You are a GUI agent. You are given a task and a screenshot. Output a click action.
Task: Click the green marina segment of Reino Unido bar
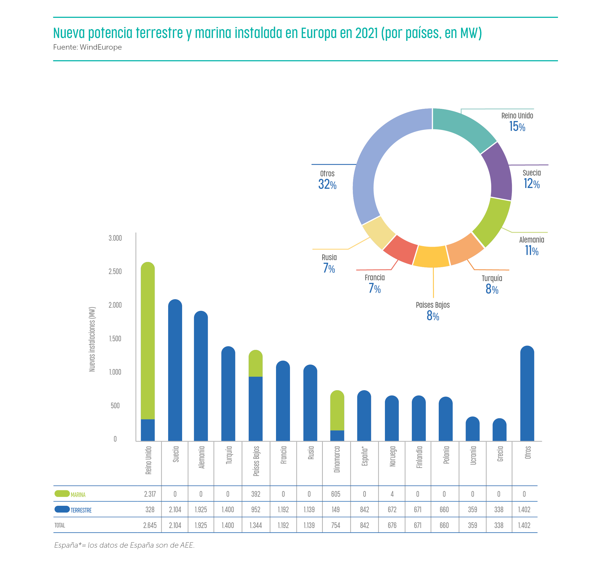tap(148, 339)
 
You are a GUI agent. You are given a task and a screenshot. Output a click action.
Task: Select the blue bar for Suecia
tap(175, 370)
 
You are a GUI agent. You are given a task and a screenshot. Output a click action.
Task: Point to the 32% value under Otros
tap(327, 184)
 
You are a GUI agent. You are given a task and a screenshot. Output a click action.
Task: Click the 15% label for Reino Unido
tap(517, 126)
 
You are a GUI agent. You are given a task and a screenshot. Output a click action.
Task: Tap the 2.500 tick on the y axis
tap(115, 272)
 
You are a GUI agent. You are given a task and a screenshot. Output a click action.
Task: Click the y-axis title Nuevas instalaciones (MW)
tap(92, 339)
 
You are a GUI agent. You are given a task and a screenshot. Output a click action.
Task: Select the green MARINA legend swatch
tap(62, 493)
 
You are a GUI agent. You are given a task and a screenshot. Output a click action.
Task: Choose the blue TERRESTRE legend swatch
tap(62, 509)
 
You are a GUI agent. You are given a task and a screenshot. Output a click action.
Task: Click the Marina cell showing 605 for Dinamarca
tap(336, 494)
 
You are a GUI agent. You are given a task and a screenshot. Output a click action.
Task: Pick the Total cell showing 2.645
tap(150, 525)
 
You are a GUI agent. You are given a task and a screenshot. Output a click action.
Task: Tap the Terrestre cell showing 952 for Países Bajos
tap(256, 510)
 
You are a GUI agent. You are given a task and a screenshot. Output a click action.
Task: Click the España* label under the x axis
tap(364, 456)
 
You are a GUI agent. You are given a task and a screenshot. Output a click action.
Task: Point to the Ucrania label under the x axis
tap(473, 456)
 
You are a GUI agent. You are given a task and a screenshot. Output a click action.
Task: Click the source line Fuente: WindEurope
tap(87, 47)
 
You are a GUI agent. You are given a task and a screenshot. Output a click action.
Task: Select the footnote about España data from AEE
tap(124, 545)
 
